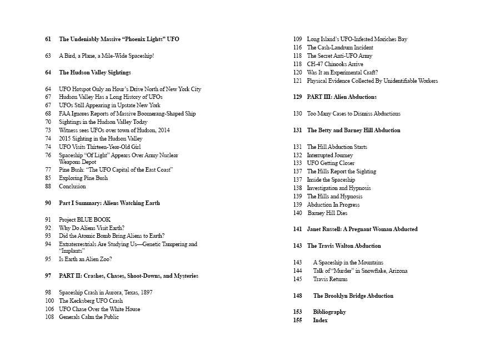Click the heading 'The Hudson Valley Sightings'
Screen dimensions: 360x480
tap(95, 72)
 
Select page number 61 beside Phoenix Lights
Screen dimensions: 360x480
tap(48, 39)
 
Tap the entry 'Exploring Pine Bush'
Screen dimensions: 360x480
tap(83, 178)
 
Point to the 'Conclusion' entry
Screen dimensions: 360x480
tap(72, 186)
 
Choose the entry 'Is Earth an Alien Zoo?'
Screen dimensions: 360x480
tap(86, 259)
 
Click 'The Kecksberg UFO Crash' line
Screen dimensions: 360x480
tap(91, 301)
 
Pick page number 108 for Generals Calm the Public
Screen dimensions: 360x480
tap(49, 317)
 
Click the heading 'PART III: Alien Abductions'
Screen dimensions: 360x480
tap(342, 97)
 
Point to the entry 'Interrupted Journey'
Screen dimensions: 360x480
tap(330, 155)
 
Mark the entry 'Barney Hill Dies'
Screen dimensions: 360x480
tap(327, 213)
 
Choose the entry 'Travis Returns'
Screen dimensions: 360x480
tap(331, 279)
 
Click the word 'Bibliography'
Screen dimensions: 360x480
tap(329, 312)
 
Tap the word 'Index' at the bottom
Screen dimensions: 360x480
tap(320, 320)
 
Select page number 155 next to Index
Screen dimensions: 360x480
tap(297, 320)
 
